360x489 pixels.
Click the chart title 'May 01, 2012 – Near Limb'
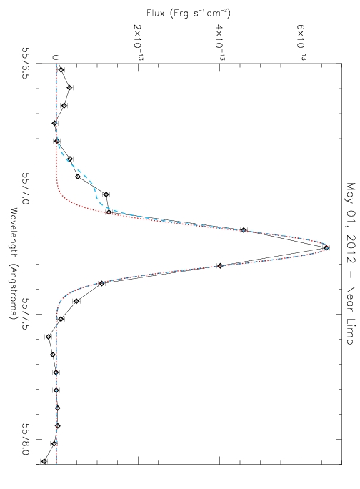click(351, 264)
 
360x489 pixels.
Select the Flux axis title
click(189, 14)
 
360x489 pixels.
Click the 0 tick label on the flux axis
click(56, 57)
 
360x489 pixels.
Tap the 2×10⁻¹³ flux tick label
click(138, 41)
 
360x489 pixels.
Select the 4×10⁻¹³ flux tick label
click(220, 41)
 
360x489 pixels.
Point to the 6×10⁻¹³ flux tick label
click(301, 41)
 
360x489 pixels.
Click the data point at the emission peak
click(326, 248)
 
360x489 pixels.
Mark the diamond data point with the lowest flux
click(44, 461)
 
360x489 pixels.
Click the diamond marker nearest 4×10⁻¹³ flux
click(221, 266)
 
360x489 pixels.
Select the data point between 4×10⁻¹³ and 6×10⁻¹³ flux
click(244, 230)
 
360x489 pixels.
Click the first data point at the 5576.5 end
click(61, 70)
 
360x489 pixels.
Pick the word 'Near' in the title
click(351, 298)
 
